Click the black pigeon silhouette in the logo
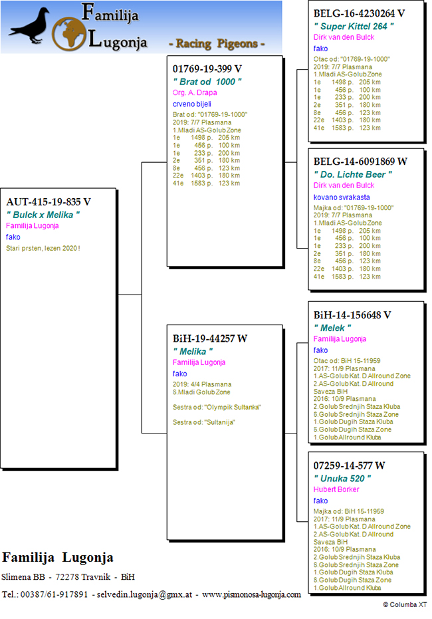point(31,26)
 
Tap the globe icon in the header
point(69,34)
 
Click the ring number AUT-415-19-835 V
point(49,201)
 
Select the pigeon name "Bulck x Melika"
point(43,215)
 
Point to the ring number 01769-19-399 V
point(207,68)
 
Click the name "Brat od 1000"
point(207,82)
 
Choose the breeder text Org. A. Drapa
point(195,93)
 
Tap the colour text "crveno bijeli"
point(191,104)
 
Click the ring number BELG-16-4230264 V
point(359,13)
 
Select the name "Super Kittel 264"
point(354,27)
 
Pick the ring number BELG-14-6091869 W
point(360,162)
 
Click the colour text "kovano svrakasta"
point(342,197)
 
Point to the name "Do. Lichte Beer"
point(353,174)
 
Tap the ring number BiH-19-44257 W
point(210,338)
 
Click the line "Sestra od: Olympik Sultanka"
point(217,407)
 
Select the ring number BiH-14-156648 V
point(352,315)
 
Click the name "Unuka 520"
point(342,479)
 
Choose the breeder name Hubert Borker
point(336,489)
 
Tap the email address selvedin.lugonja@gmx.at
point(144,594)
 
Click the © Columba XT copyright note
point(405,604)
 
